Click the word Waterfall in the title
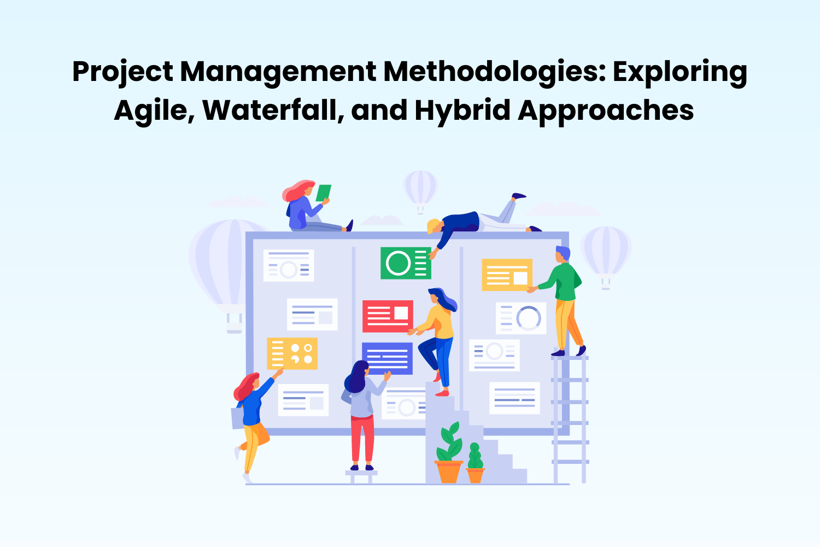tap(273, 110)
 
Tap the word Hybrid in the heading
tap(462, 110)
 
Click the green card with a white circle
tap(406, 263)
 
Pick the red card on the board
tap(388, 316)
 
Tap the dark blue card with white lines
tap(387, 358)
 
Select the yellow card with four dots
tap(292, 353)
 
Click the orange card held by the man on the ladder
tap(506, 275)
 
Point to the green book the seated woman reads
tap(324, 193)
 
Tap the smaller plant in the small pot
tap(475, 462)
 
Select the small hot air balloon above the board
tap(420, 189)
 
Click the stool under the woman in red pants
tap(361, 475)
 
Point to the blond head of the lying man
tap(434, 226)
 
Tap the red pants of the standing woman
tap(362, 438)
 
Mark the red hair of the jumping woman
tap(246, 386)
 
